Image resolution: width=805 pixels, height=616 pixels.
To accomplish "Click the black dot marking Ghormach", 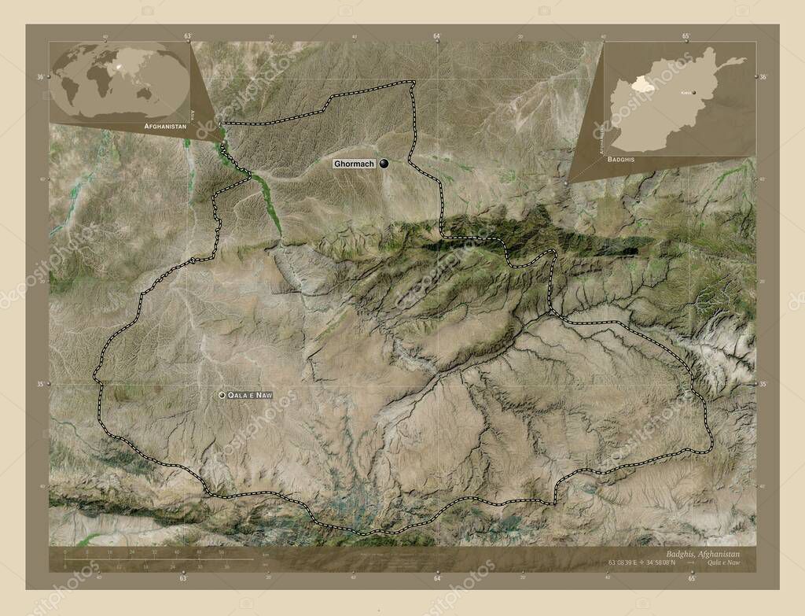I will [x=384, y=164].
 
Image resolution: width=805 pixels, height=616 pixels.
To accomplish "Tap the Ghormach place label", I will [x=354, y=164].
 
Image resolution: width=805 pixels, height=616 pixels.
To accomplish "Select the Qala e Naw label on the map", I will [x=250, y=394].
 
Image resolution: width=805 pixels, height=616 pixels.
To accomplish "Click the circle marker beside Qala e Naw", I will [x=222, y=394].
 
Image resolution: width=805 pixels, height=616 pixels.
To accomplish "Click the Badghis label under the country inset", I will [x=621, y=159].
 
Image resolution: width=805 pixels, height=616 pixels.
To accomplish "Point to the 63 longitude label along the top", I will [x=187, y=36].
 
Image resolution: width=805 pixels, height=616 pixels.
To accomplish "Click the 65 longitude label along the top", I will [x=686, y=36].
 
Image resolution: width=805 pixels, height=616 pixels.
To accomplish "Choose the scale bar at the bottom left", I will [x=157, y=560].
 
